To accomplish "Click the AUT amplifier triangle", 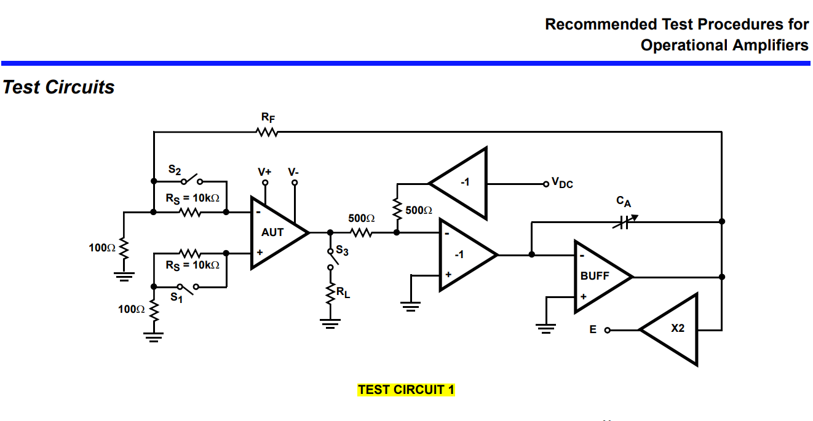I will click(275, 233).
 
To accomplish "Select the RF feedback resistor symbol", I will click(268, 132).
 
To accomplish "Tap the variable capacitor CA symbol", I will click(625, 221).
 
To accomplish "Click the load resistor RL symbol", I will click(330, 293).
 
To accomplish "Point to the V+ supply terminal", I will click(265, 183).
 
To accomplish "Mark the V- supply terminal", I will click(295, 183).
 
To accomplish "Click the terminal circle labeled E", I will click(608, 330).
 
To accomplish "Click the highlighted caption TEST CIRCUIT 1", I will click(406, 390).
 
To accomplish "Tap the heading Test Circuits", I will click(58, 87).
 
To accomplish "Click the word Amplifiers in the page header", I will click(770, 45).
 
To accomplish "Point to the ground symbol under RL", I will click(330, 323).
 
